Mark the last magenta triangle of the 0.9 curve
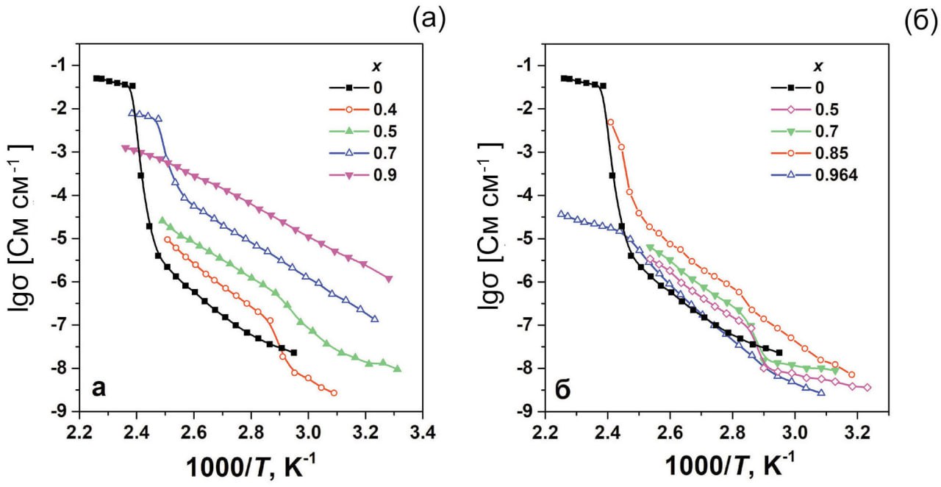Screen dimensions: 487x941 [x=389, y=279]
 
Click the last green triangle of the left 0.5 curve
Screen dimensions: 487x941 [x=397, y=369]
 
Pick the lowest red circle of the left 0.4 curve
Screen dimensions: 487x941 [x=334, y=393]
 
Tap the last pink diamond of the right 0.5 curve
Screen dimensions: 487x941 [x=867, y=387]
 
